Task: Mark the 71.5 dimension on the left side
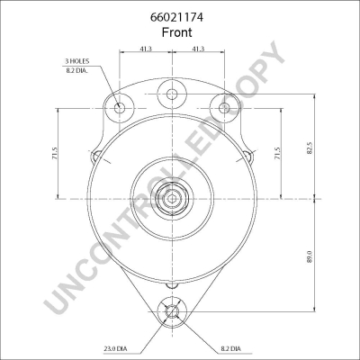[x=55, y=155]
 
